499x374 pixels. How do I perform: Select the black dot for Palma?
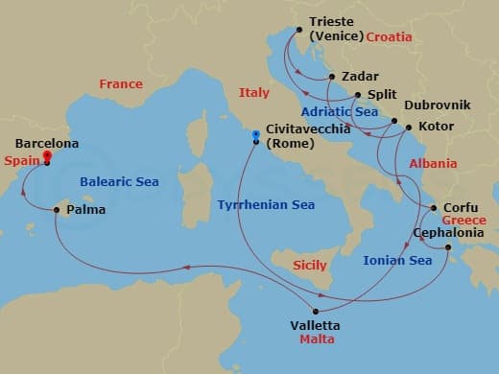click(58, 209)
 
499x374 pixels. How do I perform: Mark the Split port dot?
click(357, 95)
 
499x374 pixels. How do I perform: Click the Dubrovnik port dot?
click(395, 121)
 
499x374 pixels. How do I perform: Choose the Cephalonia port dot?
click(448, 248)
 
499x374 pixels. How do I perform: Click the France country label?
click(121, 84)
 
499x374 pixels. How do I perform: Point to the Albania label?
click(433, 164)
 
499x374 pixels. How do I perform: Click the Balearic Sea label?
click(121, 181)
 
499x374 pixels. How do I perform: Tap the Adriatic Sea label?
click(339, 112)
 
